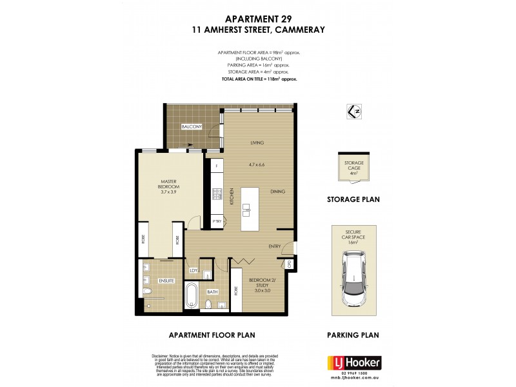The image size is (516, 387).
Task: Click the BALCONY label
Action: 191,126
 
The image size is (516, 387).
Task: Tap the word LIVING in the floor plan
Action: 259,143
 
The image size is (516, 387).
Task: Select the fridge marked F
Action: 217,166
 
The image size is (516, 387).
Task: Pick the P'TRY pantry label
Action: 217,223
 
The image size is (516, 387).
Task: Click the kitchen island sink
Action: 246,210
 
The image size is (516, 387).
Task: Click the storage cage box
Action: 353,170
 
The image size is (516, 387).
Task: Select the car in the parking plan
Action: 354,275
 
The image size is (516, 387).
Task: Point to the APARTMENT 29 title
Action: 258,19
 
